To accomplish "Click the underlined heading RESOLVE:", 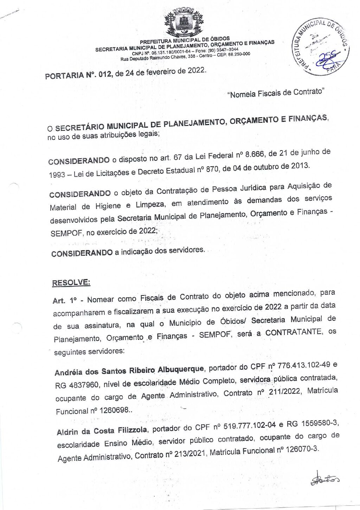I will [x=71, y=282].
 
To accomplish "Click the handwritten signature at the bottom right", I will [x=325, y=479].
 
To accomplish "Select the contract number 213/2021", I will [x=186, y=454].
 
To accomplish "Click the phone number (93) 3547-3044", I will [x=223, y=50].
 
